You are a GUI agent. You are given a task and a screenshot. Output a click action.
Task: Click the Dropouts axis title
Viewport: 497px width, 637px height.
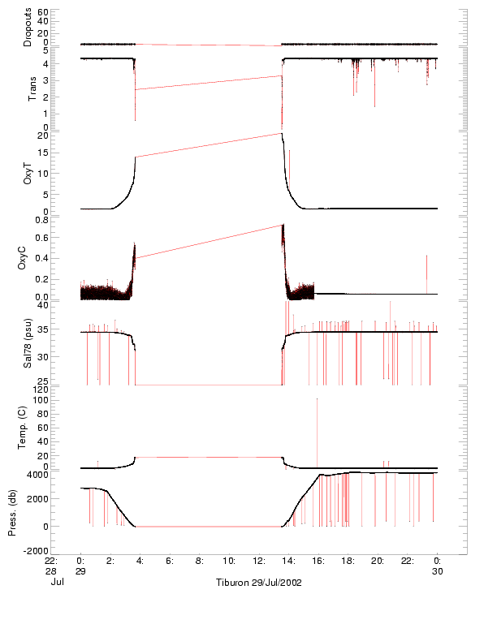(x=28, y=28)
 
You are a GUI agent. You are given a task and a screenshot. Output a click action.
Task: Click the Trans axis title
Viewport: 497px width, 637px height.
(x=31, y=87)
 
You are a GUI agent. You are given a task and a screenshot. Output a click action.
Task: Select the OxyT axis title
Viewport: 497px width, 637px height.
(x=28, y=173)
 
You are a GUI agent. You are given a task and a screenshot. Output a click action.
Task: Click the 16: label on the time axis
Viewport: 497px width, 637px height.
(x=318, y=561)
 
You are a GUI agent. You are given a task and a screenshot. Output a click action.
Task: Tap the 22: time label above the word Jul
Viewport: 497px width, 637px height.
(x=50, y=561)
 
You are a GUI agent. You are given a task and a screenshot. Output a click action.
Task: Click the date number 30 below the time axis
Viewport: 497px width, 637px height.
(x=437, y=571)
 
